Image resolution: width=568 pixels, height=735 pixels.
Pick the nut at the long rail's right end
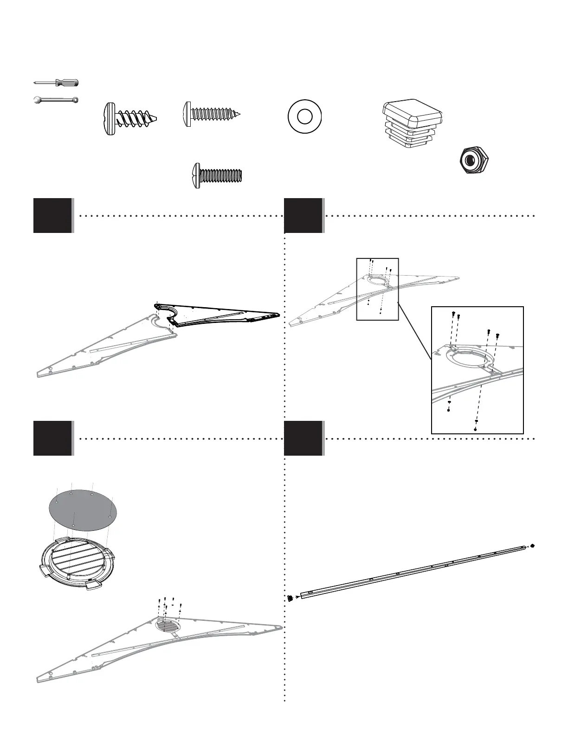532,546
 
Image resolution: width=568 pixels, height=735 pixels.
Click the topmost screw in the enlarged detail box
453,315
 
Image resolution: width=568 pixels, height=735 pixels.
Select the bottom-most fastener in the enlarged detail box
476,429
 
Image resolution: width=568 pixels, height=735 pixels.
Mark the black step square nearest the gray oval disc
52,438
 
